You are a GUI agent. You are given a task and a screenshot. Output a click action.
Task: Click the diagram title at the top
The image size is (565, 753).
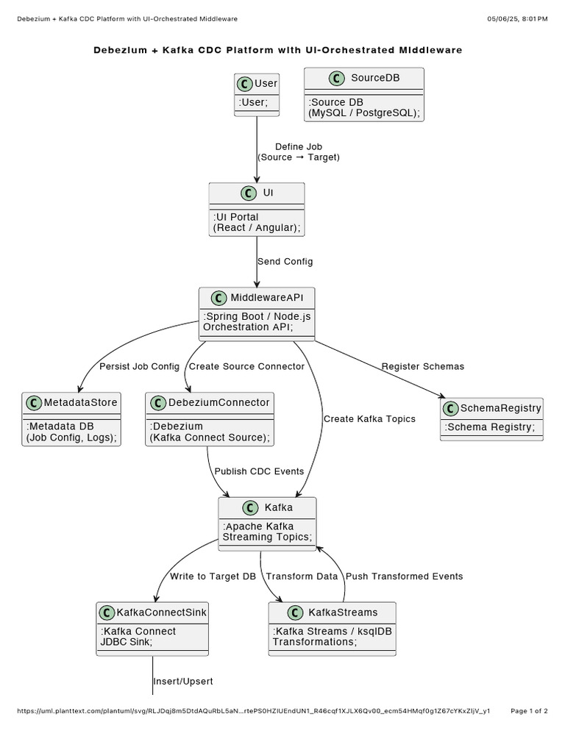coord(278,50)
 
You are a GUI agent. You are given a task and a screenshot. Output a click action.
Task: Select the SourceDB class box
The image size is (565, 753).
coord(363,94)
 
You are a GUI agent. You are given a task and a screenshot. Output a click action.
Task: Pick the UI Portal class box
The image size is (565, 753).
coord(257,210)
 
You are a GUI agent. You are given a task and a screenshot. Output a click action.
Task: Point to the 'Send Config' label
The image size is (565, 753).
coord(285,261)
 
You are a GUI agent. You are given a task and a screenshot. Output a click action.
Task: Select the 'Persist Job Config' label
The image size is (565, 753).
coord(139,366)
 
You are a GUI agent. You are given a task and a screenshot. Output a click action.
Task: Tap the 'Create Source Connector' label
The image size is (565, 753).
coord(246,366)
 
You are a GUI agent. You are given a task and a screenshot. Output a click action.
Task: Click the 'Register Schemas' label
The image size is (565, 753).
coord(422,366)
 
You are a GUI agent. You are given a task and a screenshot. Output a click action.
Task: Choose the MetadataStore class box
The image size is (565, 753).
coord(71,419)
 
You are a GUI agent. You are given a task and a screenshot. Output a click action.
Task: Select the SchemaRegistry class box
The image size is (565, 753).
coord(491,419)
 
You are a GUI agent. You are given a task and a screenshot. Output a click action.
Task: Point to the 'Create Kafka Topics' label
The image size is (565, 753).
coord(369,419)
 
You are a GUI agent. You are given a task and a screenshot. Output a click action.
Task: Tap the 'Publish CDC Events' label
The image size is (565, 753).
coord(259,471)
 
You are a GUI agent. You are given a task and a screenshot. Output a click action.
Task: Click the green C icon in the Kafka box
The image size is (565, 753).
coord(251,507)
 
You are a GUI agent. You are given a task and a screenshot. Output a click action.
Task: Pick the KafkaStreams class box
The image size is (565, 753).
coord(332,629)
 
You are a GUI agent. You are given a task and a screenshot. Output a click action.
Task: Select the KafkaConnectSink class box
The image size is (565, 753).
coord(152,629)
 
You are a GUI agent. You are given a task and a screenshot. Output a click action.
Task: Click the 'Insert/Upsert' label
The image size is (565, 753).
coord(183,682)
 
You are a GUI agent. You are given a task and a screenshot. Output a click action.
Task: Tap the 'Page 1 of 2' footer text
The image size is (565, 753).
coord(529,711)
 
